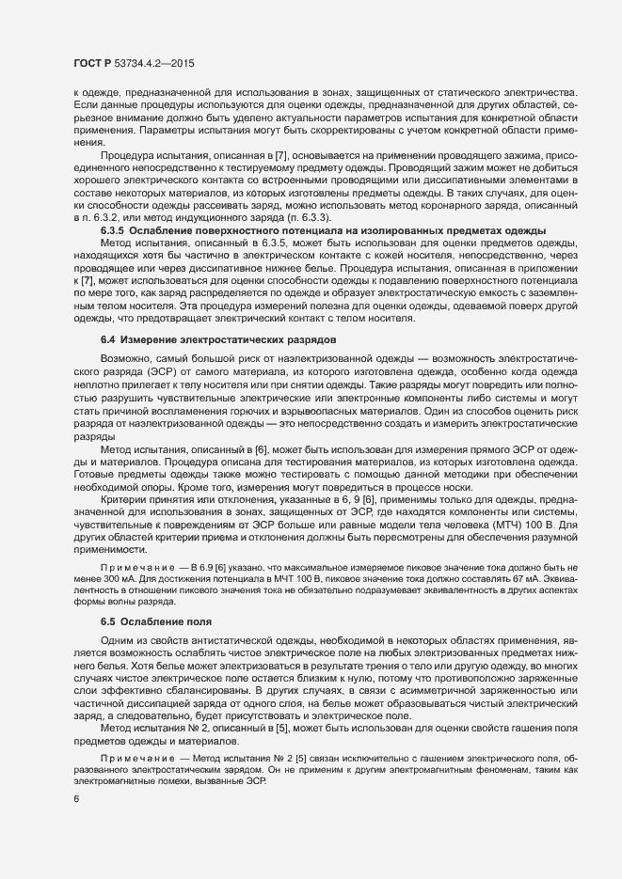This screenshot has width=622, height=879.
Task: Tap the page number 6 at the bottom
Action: pos(75,799)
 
